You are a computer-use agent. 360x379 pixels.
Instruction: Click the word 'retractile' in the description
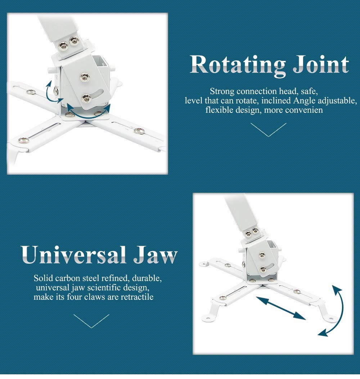tap(137, 296)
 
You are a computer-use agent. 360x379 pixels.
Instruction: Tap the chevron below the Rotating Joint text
tap(268, 130)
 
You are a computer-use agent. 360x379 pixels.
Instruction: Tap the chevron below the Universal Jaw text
tap(91, 321)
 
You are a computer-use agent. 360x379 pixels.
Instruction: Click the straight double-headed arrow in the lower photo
tap(281, 308)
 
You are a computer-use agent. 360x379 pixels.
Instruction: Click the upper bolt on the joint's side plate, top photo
tap(85, 77)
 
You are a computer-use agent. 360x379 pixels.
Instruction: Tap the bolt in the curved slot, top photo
tap(86, 98)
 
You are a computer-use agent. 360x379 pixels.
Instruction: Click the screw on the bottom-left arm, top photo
tap(24, 140)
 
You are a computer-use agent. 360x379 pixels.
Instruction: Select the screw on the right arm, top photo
tap(139, 131)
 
